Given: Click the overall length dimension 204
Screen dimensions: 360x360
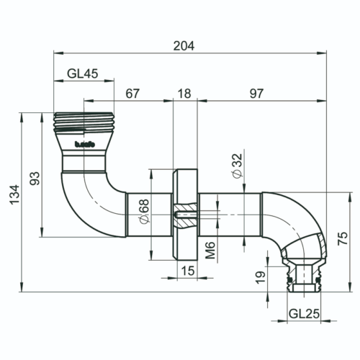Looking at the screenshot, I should (x=184, y=45).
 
